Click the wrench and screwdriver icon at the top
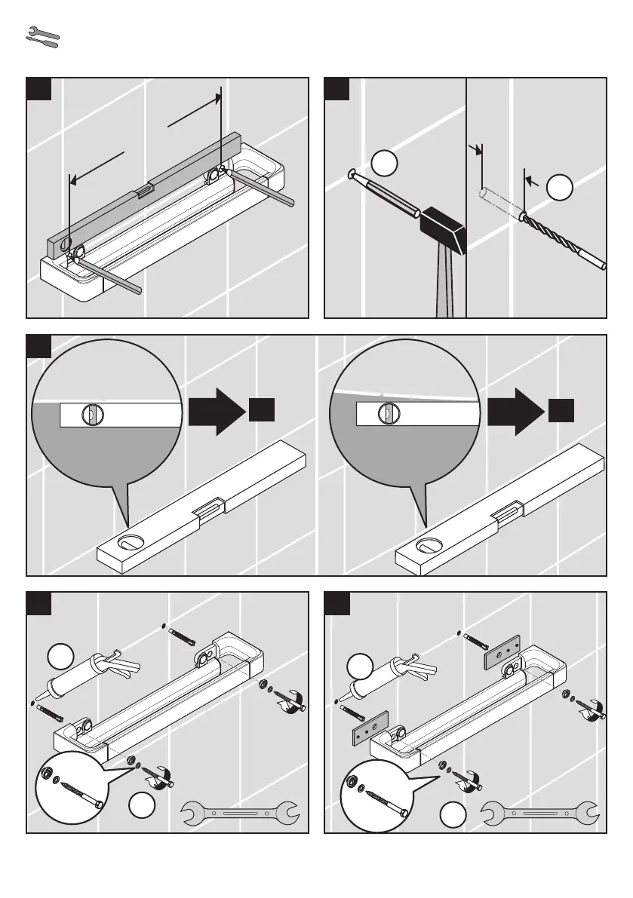[x=42, y=39]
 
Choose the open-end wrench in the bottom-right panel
[x=540, y=813]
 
